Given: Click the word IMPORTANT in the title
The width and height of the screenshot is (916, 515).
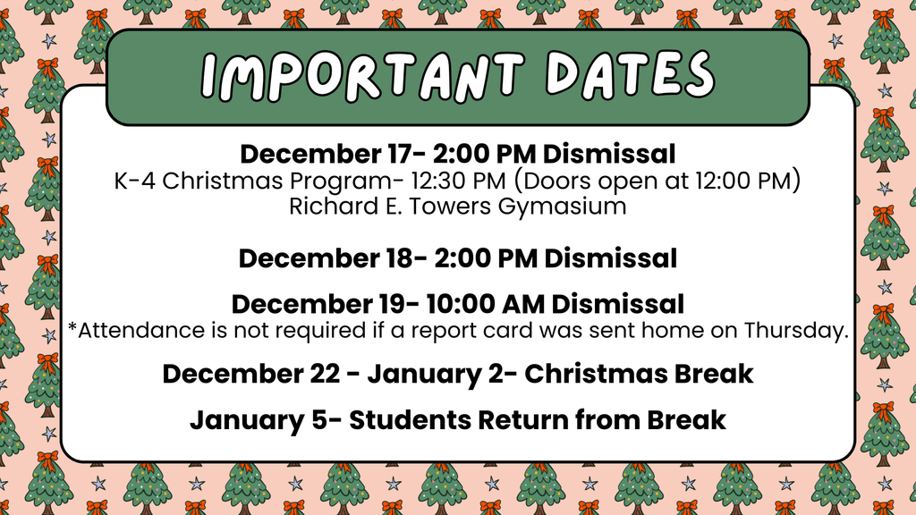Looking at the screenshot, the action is pyautogui.click(x=362, y=76).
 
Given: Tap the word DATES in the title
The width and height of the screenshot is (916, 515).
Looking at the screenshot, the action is pyautogui.click(x=631, y=74).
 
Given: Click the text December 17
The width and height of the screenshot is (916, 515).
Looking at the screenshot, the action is pyautogui.click(x=326, y=154).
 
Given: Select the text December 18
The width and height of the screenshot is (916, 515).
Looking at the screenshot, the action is pyautogui.click(x=326, y=258).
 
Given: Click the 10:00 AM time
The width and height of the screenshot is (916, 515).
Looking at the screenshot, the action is pyautogui.click(x=485, y=304).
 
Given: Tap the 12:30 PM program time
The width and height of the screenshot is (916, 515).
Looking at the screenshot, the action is pyautogui.click(x=458, y=181).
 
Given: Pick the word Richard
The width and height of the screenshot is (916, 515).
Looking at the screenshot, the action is pyautogui.click(x=334, y=207).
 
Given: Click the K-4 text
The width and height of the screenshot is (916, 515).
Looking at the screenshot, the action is pyautogui.click(x=135, y=181).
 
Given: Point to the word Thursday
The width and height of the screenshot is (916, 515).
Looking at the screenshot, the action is pyautogui.click(x=795, y=331).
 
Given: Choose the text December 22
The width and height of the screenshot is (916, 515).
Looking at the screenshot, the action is pyautogui.click(x=250, y=375).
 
